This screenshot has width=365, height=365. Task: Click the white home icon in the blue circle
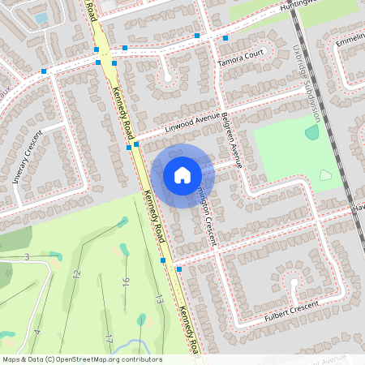pyautogui.click(x=182, y=175)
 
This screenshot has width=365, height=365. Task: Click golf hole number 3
pyautogui.click(x=26, y=257)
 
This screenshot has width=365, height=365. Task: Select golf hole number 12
pyautogui.click(x=77, y=274)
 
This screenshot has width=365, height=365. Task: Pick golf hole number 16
pyautogui.click(x=126, y=283)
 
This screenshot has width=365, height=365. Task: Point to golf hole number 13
pyautogui.click(x=160, y=299)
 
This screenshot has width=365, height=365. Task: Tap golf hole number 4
pyautogui.click(x=37, y=333)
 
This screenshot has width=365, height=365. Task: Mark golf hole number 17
pyautogui.click(x=109, y=337)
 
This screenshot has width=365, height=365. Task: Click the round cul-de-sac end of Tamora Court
pyautogui.click(x=168, y=77)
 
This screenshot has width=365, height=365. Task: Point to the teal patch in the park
pyautogui.click(x=311, y=131)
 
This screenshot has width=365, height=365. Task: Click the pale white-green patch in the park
pyautogui.click(x=325, y=174)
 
